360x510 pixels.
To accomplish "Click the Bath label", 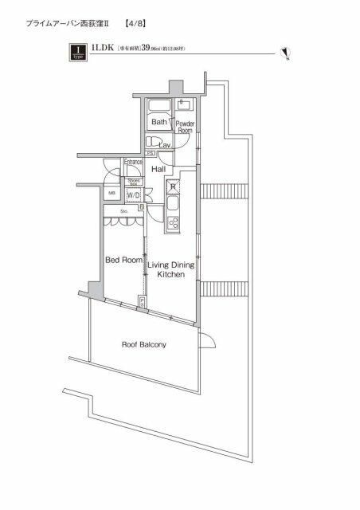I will click(159, 122).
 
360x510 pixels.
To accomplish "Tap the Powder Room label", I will click(185, 127).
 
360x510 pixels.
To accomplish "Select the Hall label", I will click(158, 170).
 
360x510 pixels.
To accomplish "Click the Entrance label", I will click(132, 162).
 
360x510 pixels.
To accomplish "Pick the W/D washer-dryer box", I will click(133, 195).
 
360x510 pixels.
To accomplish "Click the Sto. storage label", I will click(124, 212).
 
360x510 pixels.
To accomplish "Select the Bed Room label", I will click(124, 261).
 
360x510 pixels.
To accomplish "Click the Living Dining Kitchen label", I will click(170, 267).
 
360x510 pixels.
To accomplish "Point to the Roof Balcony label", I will click(143, 345).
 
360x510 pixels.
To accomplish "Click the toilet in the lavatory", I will click(153, 142).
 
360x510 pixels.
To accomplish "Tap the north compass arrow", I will click(284, 53).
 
